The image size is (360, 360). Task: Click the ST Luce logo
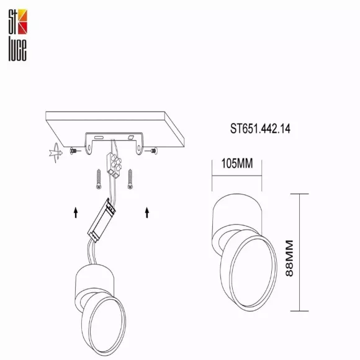17,35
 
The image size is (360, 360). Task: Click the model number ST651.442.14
260,128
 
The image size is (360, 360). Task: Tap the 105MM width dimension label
237,163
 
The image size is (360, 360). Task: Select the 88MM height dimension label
289,258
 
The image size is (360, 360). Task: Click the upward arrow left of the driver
76,212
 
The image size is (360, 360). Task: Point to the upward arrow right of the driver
147,212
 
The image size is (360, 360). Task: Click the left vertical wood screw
99,179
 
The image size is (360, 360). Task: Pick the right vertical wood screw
130,179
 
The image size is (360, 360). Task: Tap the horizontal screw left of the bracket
75,151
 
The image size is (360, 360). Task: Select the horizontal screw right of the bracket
151,151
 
